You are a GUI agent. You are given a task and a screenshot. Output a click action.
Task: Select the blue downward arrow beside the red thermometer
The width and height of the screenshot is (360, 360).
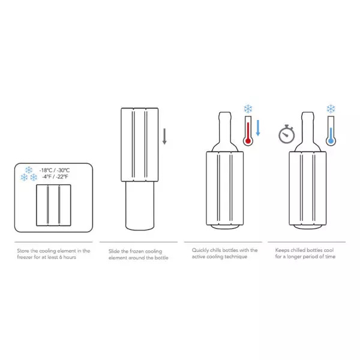coord(259,128)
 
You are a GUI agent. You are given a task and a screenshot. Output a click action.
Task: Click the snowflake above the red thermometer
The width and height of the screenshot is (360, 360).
coord(248,109)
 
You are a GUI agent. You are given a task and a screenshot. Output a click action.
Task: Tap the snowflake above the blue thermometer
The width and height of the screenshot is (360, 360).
coord(330,109)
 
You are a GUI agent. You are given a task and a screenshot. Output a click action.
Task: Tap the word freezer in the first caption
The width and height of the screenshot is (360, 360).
coord(27,257)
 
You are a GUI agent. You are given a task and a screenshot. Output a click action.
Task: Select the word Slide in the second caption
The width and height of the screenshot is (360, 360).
coord(115,250)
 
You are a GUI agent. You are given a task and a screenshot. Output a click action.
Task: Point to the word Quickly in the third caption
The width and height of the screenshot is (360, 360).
coord(202,250)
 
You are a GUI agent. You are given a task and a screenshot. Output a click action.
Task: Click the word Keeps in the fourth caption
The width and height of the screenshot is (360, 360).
coord(283,250)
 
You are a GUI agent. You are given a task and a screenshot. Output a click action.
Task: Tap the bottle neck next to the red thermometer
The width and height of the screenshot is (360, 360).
coord(228,129)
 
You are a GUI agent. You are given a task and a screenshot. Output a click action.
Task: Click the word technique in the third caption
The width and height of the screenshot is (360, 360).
coord(239,257)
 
